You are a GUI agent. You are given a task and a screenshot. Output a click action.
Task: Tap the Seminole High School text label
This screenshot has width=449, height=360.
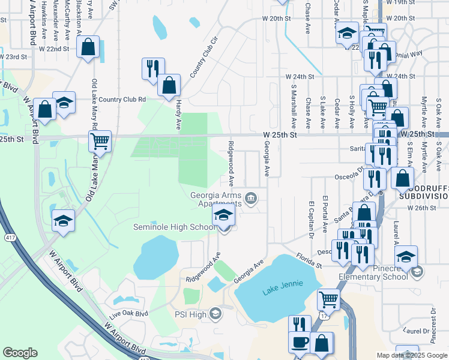point(174,227)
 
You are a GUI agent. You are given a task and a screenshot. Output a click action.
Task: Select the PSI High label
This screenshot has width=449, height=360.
point(190,314)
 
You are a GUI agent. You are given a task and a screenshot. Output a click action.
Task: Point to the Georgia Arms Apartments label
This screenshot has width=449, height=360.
point(216,199)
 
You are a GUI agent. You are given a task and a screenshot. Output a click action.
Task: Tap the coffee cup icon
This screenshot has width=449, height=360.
point(299,343)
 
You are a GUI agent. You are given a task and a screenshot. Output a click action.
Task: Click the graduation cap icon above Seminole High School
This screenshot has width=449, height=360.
point(223,214)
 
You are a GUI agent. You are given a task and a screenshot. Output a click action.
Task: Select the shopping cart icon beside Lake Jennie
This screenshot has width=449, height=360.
point(328,298)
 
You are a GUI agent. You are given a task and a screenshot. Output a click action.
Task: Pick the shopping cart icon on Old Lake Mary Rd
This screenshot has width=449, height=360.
point(100,142)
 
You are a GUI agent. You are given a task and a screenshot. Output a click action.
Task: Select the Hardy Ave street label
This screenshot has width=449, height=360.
point(178,115)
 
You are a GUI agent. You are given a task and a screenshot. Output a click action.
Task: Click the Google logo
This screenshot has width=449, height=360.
point(20,353)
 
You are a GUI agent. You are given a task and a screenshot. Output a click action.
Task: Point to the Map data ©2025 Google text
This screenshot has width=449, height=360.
point(412,355)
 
